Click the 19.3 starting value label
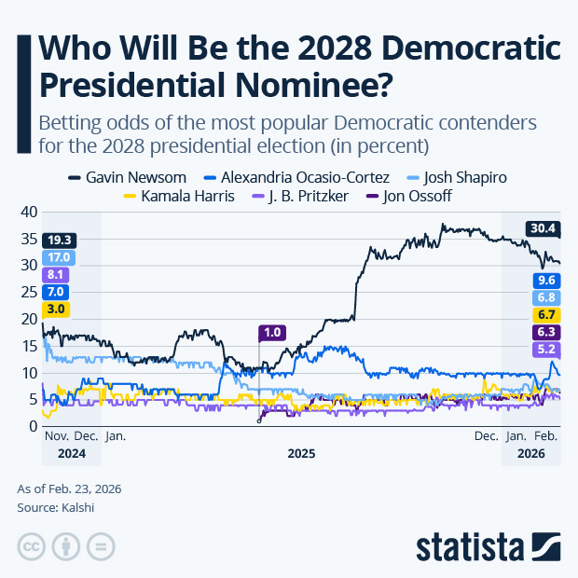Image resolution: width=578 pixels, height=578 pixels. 58,240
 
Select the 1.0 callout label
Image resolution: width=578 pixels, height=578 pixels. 273,332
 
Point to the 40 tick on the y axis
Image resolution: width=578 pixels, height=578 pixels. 27,212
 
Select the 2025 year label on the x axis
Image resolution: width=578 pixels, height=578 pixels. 300,454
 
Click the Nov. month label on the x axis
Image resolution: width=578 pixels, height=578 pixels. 57,435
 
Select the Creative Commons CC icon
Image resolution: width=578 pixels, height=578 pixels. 32,545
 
